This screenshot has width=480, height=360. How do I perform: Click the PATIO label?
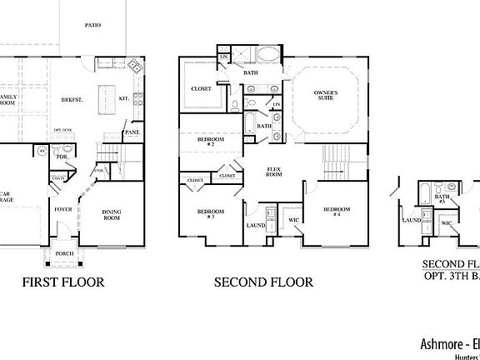point(92,25)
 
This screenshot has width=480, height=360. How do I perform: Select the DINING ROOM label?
point(112,214)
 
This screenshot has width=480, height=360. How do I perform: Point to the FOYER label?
point(63,210)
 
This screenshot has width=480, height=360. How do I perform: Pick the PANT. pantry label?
point(132,132)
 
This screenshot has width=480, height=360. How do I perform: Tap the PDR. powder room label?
point(62,156)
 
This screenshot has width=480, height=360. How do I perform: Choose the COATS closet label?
point(58,177)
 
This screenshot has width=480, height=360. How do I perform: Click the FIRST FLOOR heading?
point(63,282)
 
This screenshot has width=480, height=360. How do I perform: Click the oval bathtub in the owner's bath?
point(268,56)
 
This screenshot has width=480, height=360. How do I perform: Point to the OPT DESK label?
point(63,131)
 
